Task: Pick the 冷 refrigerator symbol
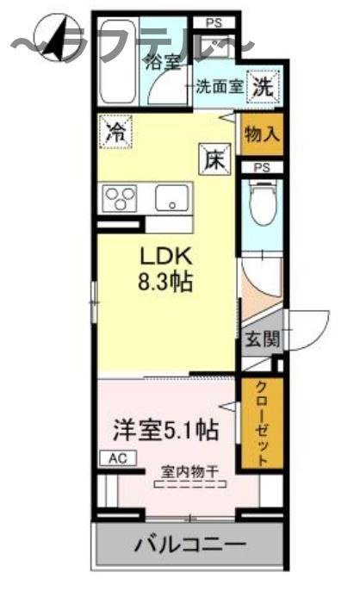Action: pos(114,131)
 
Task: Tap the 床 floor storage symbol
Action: pos(214,159)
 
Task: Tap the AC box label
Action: pos(116,458)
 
